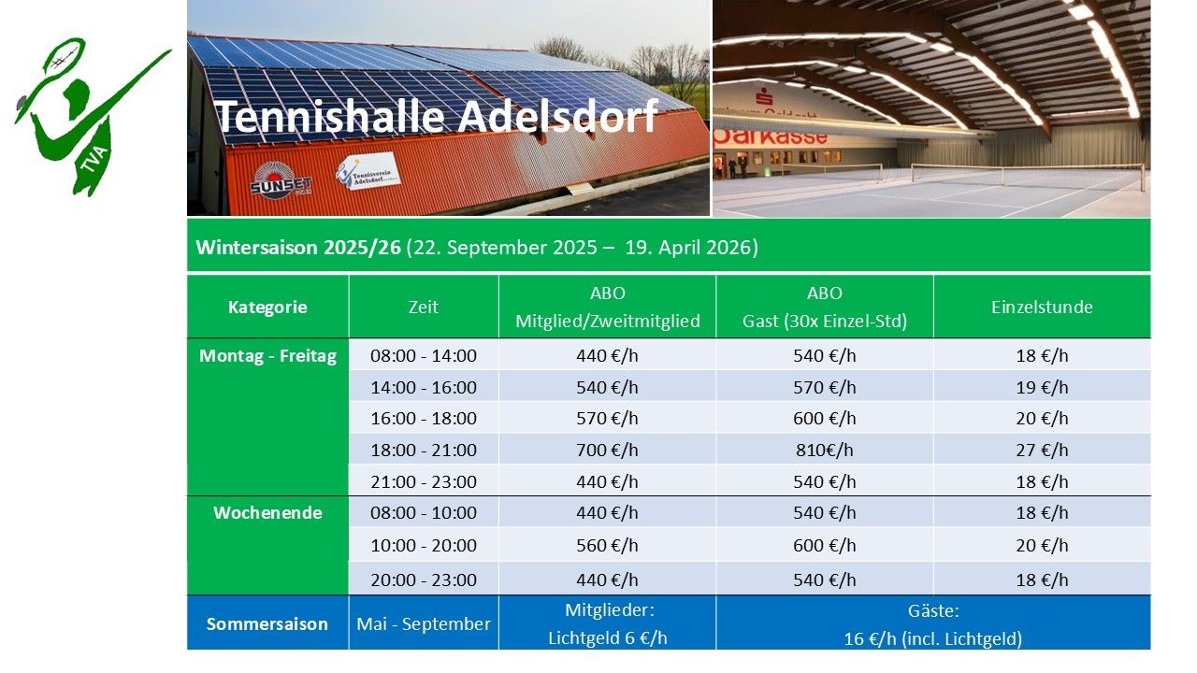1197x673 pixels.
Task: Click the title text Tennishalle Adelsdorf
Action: point(437,116)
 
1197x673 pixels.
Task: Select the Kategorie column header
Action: point(267,308)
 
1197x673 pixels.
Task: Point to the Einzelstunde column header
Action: point(1042,308)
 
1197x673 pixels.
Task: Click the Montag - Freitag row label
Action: point(267,356)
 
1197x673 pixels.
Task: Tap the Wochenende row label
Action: point(267,513)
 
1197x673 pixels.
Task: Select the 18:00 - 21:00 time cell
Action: point(424,451)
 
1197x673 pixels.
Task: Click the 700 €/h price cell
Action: point(607,451)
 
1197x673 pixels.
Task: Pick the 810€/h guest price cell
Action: point(825,451)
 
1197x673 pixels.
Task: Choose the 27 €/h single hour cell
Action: point(1042,451)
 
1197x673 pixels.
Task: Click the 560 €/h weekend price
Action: point(607,545)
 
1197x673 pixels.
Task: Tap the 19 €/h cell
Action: point(1042,387)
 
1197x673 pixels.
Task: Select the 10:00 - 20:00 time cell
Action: point(424,545)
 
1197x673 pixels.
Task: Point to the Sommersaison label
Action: point(267,623)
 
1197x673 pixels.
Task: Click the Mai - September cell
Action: point(424,623)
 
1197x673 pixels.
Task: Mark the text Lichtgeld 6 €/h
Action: point(608,637)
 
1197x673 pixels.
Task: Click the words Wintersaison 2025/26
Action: point(298,248)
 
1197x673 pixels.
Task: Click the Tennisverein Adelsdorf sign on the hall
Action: point(368,171)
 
